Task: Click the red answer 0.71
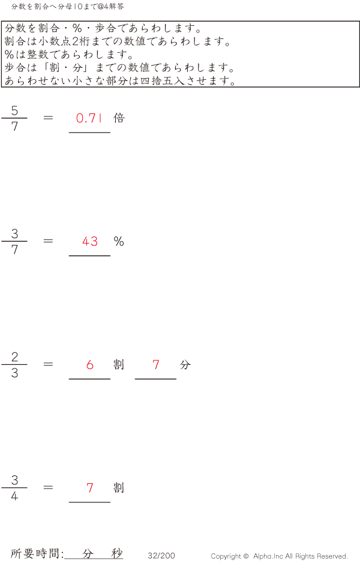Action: click(89, 118)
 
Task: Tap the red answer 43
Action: click(90, 241)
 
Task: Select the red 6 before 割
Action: click(90, 364)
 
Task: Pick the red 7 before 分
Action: click(156, 364)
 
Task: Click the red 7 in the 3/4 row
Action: click(90, 487)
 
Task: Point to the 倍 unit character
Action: click(119, 118)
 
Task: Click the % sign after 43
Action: click(119, 241)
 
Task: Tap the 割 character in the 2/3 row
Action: click(119, 364)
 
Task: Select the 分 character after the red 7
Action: click(185, 364)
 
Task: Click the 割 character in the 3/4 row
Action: click(119, 487)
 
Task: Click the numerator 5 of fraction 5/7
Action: click(14, 111)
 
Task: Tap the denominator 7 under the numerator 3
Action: click(14, 250)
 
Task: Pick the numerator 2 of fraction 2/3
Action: click(14, 357)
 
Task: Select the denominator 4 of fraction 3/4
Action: click(14, 496)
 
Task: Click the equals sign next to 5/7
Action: click(49, 118)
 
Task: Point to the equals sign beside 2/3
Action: click(49, 364)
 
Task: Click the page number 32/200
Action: click(161, 556)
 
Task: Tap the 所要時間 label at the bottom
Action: click(37, 554)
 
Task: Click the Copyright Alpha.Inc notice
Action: click(279, 556)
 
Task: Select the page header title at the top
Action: click(68, 7)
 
